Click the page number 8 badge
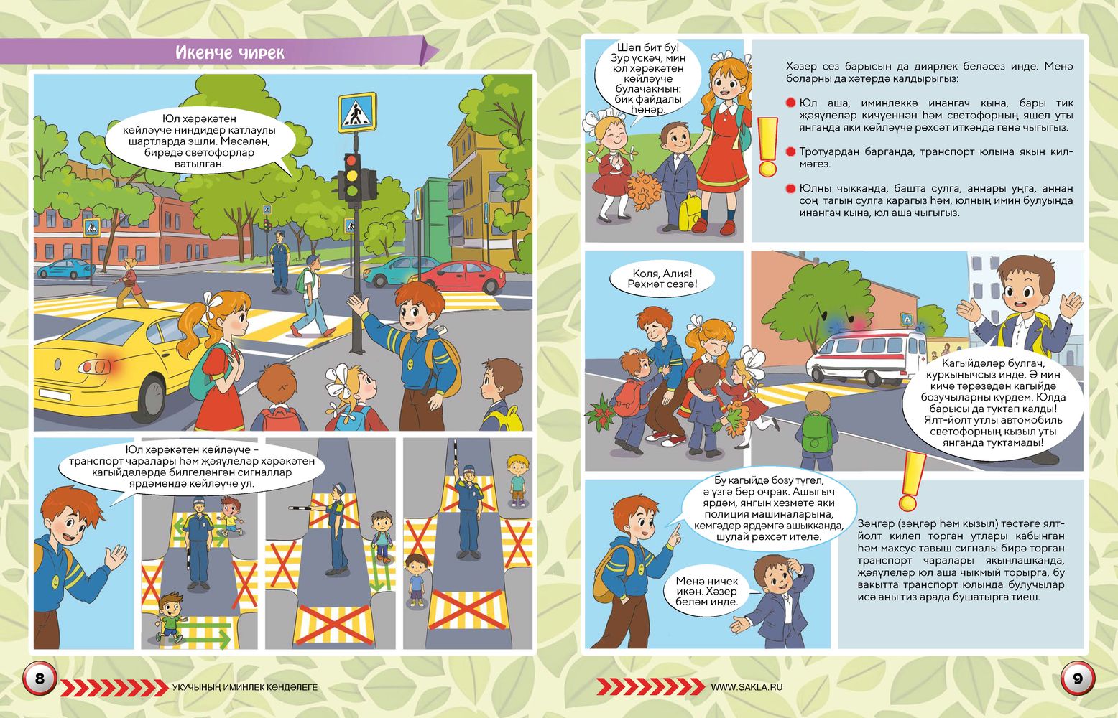coord(40,679)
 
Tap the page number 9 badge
coord(1077,679)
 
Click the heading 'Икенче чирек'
coord(230,52)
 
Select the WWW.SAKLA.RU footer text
coord(747,687)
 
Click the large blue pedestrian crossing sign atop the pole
coord(357,112)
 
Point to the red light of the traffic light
coord(353,161)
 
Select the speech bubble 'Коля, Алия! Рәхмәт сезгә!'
coord(662,279)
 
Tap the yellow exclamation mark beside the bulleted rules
coord(767,147)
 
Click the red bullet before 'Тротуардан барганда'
coord(790,151)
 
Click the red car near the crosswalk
coord(463,276)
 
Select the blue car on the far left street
coord(66,269)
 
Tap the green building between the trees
coord(434,220)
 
